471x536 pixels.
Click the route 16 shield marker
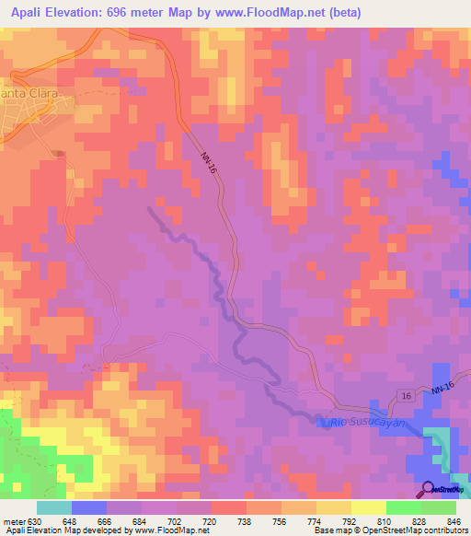406,395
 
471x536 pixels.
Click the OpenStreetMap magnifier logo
428,489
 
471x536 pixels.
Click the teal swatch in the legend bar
54,507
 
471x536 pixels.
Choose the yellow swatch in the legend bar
368,507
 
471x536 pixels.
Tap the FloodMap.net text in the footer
169,530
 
